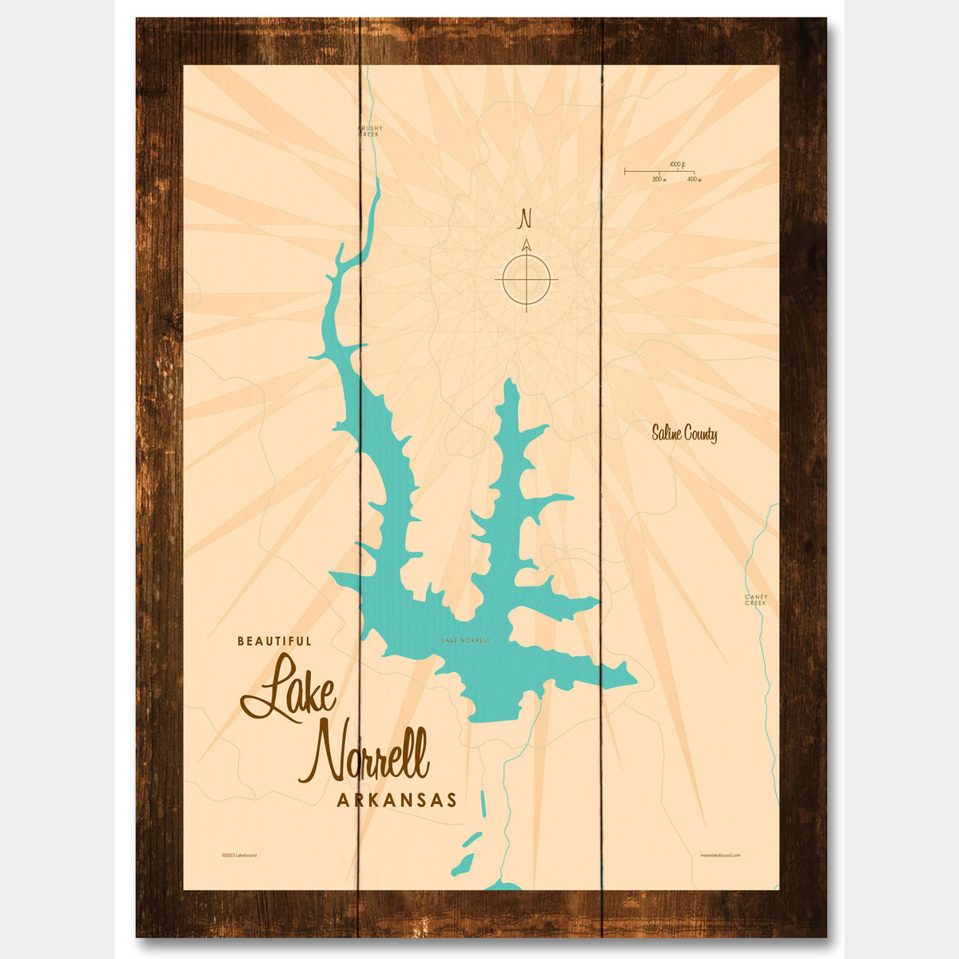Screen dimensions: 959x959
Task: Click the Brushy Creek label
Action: tap(370, 131)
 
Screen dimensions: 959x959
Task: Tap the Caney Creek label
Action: tap(755, 599)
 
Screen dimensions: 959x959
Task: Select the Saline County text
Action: tap(683, 434)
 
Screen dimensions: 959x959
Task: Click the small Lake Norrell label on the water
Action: tap(465, 641)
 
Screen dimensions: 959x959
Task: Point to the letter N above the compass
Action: tap(525, 218)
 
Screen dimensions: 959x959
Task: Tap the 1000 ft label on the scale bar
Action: tap(676, 164)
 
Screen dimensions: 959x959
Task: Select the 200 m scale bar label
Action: tap(659, 180)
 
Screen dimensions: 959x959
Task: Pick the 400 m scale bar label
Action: tap(693, 180)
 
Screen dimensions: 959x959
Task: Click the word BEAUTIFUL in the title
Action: tap(274, 640)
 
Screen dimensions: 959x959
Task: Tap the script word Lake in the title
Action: tap(289, 689)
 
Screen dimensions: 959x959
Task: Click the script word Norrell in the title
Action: tap(364, 754)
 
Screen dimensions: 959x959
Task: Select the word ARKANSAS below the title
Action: tap(396, 800)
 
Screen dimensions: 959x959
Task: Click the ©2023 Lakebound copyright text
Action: tap(239, 855)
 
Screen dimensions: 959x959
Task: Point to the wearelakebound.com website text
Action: tap(720, 855)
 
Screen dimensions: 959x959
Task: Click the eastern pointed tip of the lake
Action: tap(635, 681)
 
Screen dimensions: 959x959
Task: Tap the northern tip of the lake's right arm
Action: tap(509, 384)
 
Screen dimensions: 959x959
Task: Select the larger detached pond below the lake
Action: tap(463, 865)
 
